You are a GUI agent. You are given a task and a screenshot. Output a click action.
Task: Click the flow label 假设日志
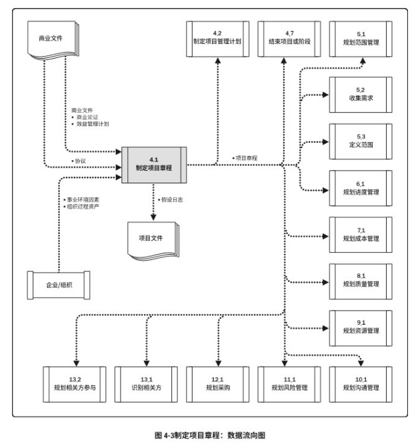(x=173, y=199)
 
